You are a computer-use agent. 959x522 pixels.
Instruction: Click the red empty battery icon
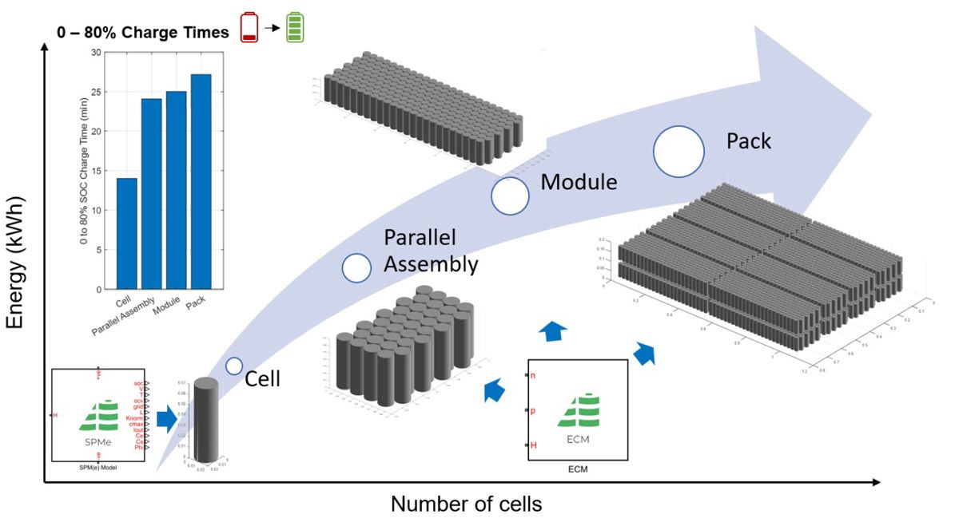(250, 27)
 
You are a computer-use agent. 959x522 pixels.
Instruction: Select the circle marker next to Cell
(234, 366)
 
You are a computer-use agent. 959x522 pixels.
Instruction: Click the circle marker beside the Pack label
(678, 151)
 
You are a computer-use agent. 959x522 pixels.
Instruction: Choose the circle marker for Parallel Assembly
(356, 268)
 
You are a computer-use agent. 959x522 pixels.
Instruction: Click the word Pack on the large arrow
(748, 142)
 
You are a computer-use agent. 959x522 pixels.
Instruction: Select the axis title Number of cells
(467, 505)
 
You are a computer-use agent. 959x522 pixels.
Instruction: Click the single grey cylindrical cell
(205, 420)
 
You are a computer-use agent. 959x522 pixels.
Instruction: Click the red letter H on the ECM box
(533, 445)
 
